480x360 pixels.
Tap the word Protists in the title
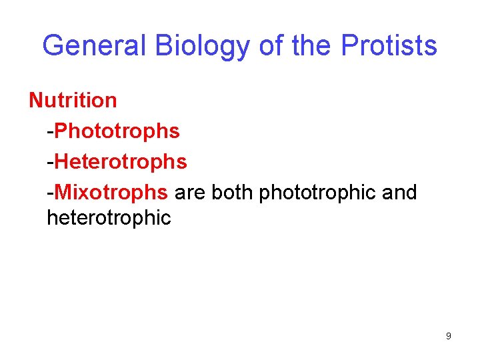click(389, 45)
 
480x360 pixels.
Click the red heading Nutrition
click(73, 101)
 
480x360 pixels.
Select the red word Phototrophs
click(117, 131)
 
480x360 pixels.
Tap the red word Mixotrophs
click(111, 193)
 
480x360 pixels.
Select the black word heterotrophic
click(109, 217)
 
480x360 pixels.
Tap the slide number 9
click(449, 336)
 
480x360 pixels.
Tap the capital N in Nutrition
click(35, 101)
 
